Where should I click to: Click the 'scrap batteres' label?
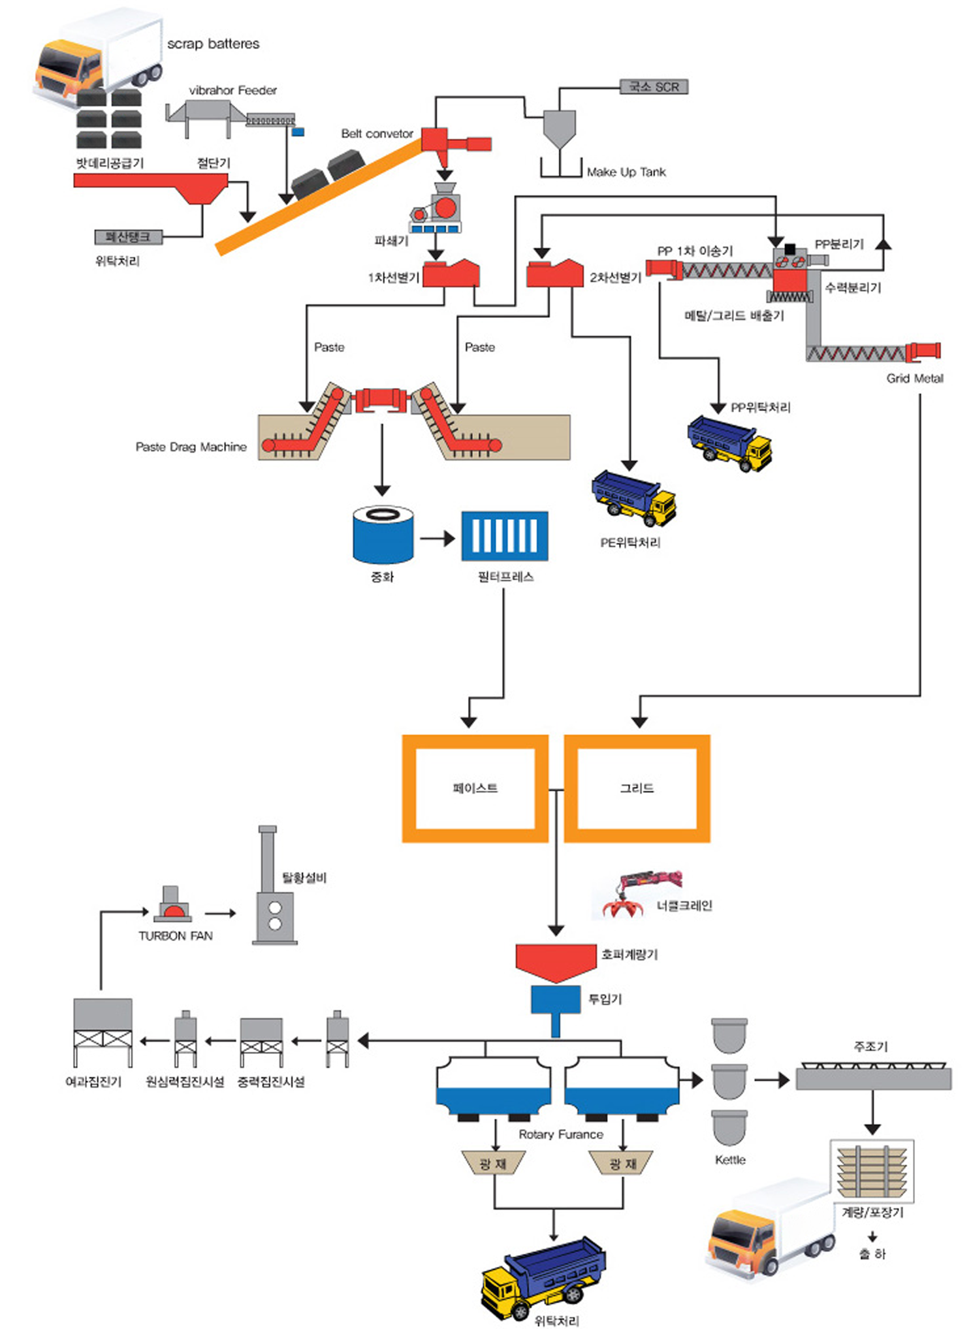click(213, 44)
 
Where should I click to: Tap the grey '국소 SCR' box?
click(653, 87)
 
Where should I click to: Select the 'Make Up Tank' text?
click(626, 172)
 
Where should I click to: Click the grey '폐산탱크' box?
click(129, 237)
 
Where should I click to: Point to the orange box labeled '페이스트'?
click(475, 788)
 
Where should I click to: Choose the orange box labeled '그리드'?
click(637, 788)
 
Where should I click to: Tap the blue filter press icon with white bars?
click(504, 536)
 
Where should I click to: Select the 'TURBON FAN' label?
click(175, 936)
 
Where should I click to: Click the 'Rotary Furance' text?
click(561, 1134)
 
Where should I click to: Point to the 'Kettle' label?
click(730, 1160)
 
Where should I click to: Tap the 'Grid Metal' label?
click(914, 378)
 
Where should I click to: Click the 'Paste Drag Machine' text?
click(191, 447)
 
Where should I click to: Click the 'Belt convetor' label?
click(377, 134)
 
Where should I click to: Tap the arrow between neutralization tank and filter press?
click(437, 539)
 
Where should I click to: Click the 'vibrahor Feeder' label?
click(232, 90)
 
